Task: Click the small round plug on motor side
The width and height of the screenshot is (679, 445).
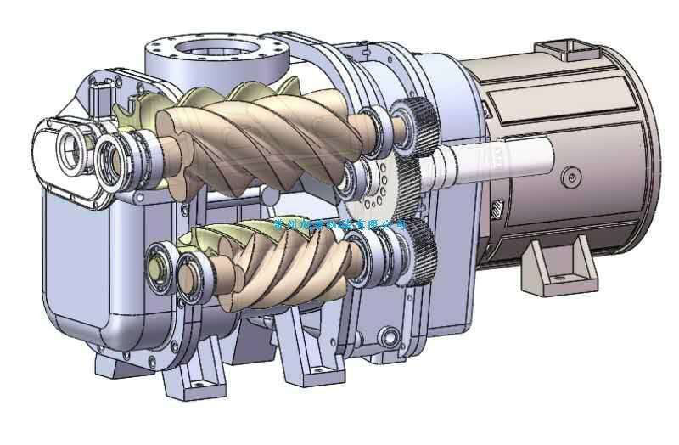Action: [x=574, y=176]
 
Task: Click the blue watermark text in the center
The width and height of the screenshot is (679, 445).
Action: [x=339, y=223]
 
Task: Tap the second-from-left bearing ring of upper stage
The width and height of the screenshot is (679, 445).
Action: [x=115, y=157]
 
